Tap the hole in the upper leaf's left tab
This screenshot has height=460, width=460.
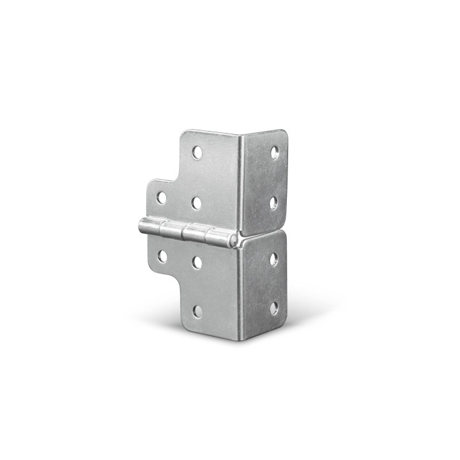(162, 197)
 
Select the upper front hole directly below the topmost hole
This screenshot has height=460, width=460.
(196, 203)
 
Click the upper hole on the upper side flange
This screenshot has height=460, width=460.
(275, 152)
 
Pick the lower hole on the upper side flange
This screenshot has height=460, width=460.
(273, 203)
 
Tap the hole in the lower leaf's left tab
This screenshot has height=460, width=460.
(162, 256)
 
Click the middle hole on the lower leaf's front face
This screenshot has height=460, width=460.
(197, 262)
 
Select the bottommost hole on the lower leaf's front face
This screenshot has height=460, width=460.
(198, 311)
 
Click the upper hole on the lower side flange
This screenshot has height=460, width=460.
(274, 259)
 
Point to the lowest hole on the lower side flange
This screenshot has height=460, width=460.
(273, 309)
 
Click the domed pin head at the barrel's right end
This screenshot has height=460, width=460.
(234, 240)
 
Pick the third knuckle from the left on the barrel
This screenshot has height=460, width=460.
(194, 233)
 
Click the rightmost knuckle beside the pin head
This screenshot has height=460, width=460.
(217, 237)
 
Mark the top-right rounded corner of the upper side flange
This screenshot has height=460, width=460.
(283, 134)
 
